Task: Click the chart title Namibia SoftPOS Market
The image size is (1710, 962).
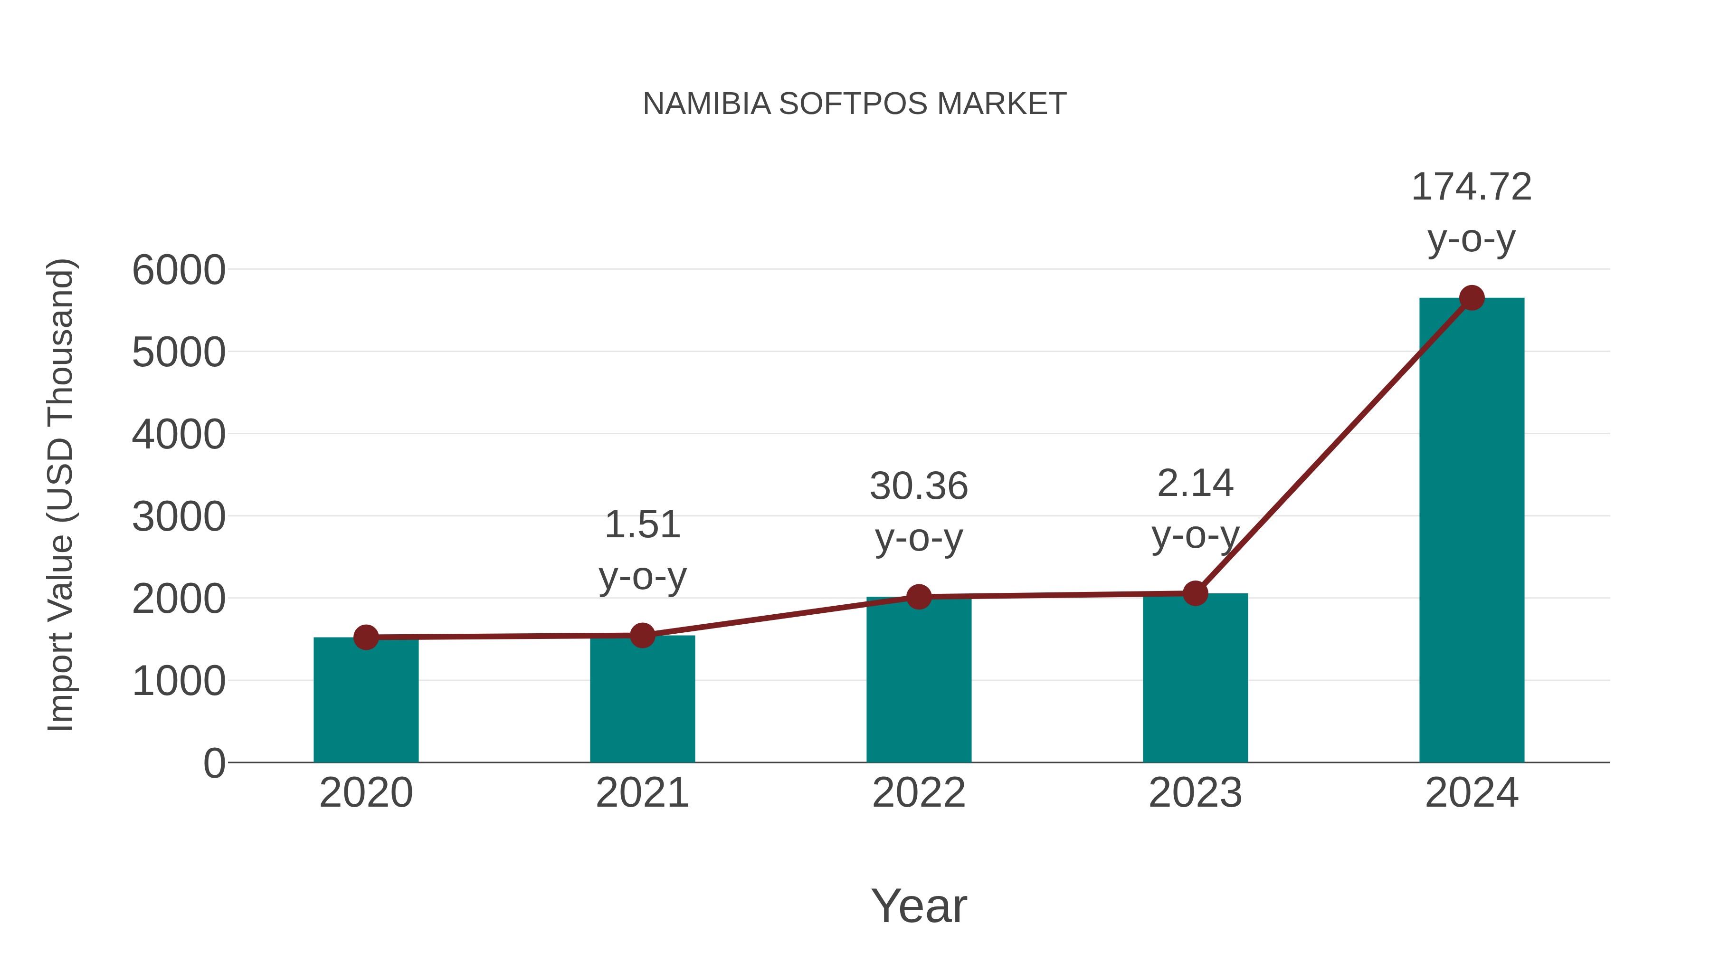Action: click(x=855, y=104)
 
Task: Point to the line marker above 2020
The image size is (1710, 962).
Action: click(x=366, y=638)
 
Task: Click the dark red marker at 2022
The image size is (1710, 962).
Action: click(x=919, y=597)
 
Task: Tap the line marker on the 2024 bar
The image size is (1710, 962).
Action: click(x=1472, y=298)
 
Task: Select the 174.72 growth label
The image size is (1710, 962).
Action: click(x=1471, y=187)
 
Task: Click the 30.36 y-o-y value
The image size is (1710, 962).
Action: click(x=919, y=486)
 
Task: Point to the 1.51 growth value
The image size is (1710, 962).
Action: click(x=642, y=525)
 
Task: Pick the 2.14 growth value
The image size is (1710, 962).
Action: click(x=1195, y=483)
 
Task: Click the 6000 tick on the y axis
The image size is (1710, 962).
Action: click(x=179, y=270)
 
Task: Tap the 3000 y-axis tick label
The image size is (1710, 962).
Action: click(x=179, y=517)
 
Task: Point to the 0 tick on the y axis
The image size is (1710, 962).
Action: click(x=214, y=763)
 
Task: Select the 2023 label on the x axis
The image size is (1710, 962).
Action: click(x=1195, y=793)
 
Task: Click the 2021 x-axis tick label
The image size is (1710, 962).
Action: click(x=642, y=793)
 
